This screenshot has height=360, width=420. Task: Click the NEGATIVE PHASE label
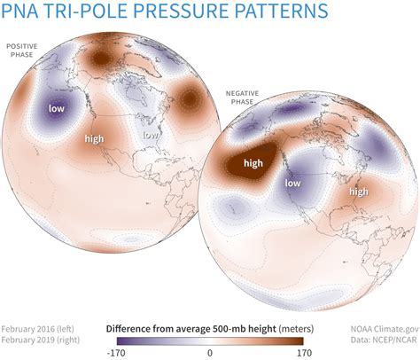[237, 96]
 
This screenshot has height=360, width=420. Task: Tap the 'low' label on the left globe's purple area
[57, 109]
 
